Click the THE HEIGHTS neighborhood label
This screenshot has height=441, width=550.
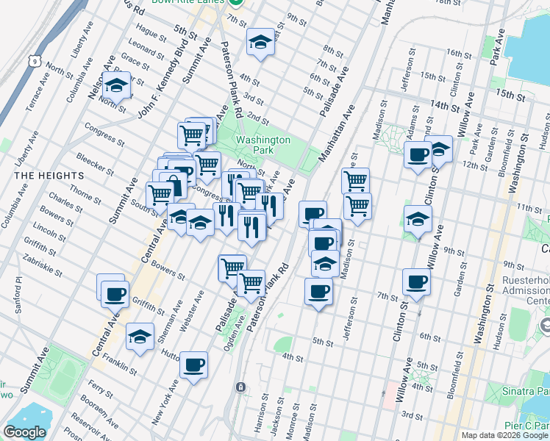[42, 175]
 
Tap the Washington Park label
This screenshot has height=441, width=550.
[262, 145]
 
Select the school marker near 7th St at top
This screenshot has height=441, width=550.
[260, 43]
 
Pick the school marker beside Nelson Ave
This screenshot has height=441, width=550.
[116, 87]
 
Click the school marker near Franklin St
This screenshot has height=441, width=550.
[140, 337]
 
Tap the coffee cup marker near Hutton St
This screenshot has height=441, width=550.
[193, 365]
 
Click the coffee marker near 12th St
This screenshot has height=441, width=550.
[418, 155]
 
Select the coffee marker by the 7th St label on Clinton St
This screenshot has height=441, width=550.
[416, 282]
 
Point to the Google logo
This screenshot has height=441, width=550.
[25, 432]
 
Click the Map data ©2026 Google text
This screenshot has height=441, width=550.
[504, 435]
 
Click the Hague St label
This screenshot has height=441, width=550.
[147, 33]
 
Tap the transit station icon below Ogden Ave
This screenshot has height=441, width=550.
[240, 387]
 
